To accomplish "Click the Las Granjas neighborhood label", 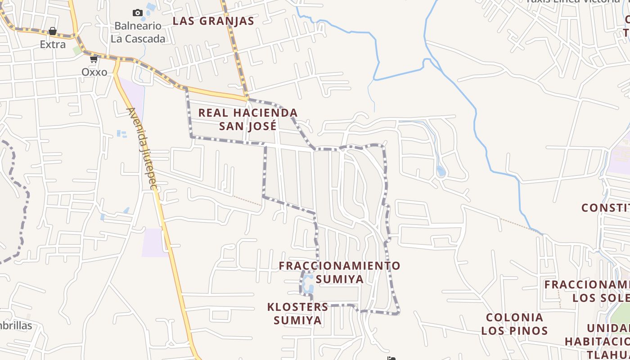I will pos(213,21).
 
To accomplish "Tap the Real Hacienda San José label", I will pos(248,119).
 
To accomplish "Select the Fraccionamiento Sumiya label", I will pos(339,272).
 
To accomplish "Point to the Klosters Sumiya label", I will pos(298,314).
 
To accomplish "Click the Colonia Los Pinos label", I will pos(514,324).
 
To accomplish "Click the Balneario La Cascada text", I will pos(138,32).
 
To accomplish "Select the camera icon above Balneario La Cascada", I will pos(138,13).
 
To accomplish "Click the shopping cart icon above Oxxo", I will pos(94,59).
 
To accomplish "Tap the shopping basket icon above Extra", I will pos(53,31).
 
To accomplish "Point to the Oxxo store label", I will pos(94,72).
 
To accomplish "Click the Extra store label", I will pos(53,45).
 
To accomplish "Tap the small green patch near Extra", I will pos(77,50).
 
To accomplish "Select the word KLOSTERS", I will pos(298,307).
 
